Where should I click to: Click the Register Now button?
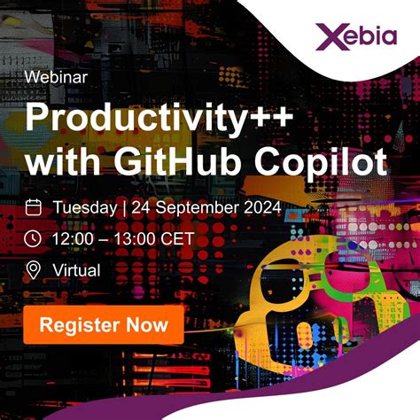(x=104, y=324)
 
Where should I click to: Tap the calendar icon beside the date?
(x=34, y=207)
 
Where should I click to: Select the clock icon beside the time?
(x=34, y=238)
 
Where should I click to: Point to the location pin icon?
(x=34, y=269)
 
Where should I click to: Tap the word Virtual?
(x=76, y=269)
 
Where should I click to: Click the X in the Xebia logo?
(x=327, y=37)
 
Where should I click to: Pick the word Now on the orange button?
(x=144, y=324)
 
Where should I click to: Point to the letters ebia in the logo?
(x=369, y=37)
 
